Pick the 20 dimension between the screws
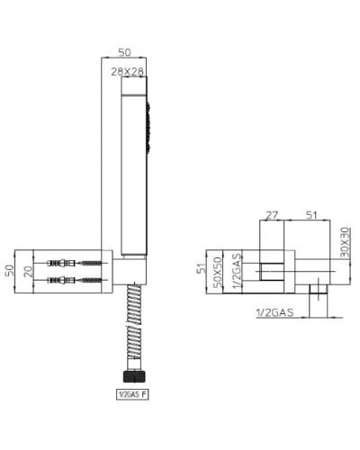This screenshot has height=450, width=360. (x=28, y=269)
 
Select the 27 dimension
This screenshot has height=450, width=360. (x=271, y=215)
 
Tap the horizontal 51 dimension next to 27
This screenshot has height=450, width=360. (x=310, y=215)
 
